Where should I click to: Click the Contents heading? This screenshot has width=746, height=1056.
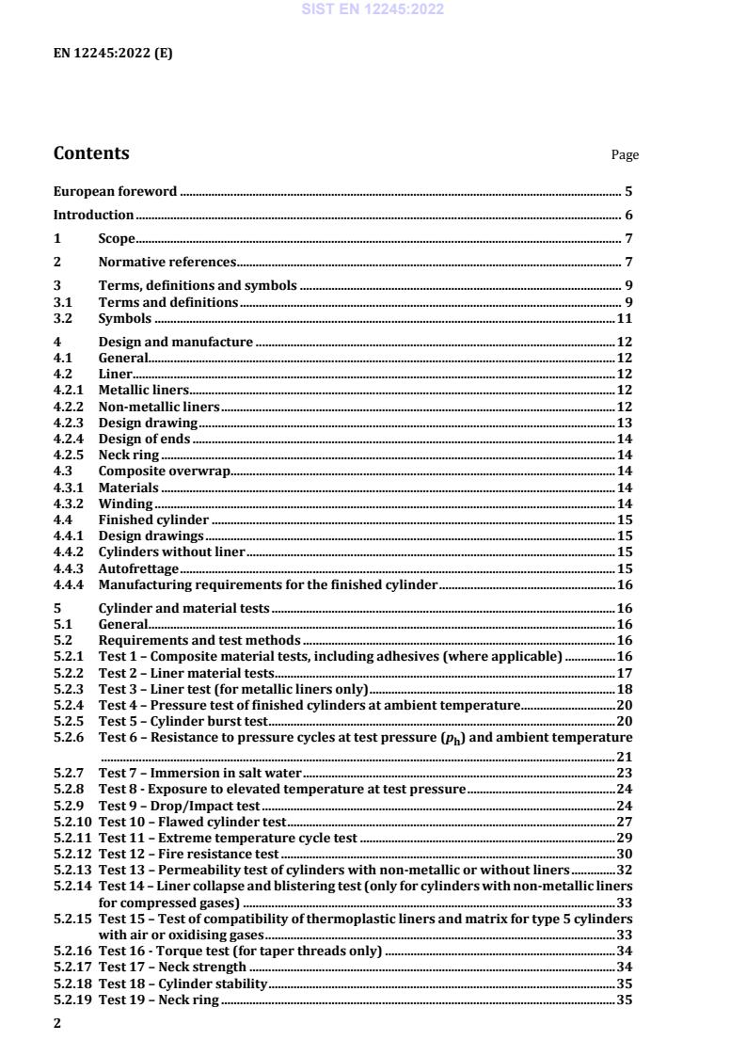pyautogui.click(x=91, y=153)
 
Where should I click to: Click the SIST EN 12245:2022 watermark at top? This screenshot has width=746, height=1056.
pyautogui.click(x=373, y=10)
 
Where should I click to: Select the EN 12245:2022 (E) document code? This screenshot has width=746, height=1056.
pyautogui.click(x=113, y=54)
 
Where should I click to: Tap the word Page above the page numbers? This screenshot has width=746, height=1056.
pyautogui.click(x=625, y=155)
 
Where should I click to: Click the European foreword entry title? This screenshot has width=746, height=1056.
pyautogui.click(x=115, y=191)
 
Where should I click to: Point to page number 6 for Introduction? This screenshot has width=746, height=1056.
pyautogui.click(x=628, y=215)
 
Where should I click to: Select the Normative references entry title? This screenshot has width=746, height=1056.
pyautogui.click(x=167, y=262)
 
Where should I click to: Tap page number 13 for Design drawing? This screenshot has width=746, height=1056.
pyautogui.click(x=624, y=423)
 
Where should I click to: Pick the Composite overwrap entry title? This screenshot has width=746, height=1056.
pyautogui.click(x=164, y=471)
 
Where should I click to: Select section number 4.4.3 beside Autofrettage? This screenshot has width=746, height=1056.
pyautogui.click(x=69, y=568)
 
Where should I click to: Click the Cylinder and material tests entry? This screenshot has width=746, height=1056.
pyautogui.click(x=183, y=608)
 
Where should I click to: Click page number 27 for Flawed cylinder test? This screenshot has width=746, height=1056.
pyautogui.click(x=624, y=822)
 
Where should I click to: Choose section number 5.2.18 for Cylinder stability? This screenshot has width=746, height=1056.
pyautogui.click(x=72, y=984)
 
